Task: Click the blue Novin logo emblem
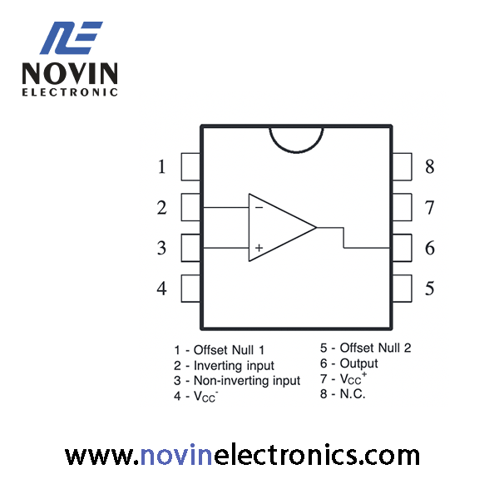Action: (x=72, y=38)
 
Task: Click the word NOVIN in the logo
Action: (x=70, y=73)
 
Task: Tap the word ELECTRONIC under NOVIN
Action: (x=70, y=92)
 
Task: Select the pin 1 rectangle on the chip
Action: (x=191, y=167)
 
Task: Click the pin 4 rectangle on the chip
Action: (x=191, y=289)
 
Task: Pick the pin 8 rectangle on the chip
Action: (x=402, y=167)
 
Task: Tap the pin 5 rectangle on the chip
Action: (x=402, y=289)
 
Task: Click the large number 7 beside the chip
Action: (x=430, y=207)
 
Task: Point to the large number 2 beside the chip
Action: (x=161, y=207)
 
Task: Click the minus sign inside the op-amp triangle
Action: (x=259, y=208)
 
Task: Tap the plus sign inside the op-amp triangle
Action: (x=259, y=248)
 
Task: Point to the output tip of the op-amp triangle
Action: (x=316, y=228)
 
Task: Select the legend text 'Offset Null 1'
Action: (x=230, y=350)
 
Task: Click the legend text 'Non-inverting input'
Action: (x=247, y=381)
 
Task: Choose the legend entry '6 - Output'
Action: (x=349, y=363)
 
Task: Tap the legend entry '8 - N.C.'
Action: (x=343, y=394)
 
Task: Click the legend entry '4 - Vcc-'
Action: (x=196, y=396)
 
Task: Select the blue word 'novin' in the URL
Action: (x=176, y=456)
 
